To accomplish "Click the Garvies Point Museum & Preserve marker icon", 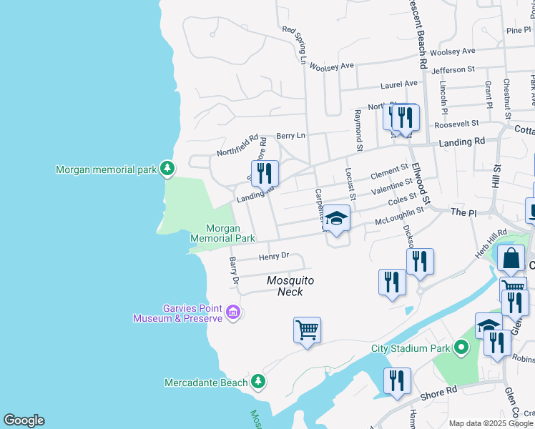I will [x=233, y=312].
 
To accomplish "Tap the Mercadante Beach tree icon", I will [x=259, y=383].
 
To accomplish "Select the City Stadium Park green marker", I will [x=461, y=349].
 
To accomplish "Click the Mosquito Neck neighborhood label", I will [x=290, y=286].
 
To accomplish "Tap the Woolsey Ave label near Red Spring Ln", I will [x=337, y=66].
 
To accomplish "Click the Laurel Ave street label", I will [x=398, y=84].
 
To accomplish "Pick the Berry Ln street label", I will [x=290, y=135].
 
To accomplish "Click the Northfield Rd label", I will [x=237, y=146].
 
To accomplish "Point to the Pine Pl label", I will [x=519, y=30].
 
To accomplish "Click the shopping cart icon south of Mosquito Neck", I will [x=307, y=330].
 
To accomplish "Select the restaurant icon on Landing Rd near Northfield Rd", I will [x=265, y=172].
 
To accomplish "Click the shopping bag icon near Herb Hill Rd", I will [x=511, y=259].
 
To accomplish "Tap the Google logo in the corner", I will [x=24, y=420].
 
